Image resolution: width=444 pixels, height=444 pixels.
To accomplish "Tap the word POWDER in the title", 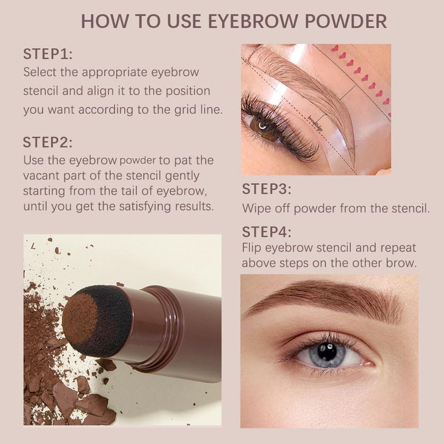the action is [346, 21].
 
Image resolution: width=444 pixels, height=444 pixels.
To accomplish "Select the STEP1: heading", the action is [48, 54].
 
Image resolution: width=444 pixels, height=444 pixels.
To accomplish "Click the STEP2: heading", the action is [48, 142].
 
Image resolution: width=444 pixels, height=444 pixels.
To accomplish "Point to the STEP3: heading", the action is [267, 189].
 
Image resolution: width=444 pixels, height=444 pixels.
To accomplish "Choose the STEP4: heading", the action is [267, 232].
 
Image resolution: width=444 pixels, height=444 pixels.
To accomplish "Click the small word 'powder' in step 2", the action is [138, 161].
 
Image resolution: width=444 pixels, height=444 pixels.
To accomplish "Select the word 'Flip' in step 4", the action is [252, 248].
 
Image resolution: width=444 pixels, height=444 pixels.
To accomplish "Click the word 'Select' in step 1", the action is [40, 72].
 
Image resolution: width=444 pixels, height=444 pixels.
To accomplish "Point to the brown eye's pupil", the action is [263, 125].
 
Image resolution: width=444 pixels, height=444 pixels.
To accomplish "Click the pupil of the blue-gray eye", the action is [327, 352].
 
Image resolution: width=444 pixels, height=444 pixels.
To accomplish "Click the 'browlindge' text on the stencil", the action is [315, 123].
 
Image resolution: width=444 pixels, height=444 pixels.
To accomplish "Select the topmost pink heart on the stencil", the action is [335, 48].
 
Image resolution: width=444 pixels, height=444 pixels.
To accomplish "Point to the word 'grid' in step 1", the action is [185, 109].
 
